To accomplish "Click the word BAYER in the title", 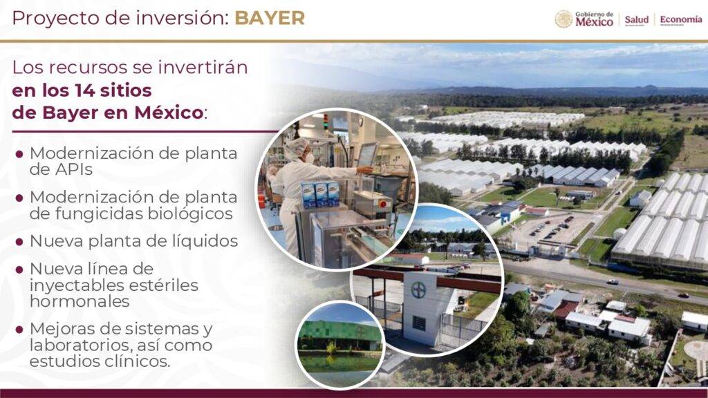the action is click(270, 18).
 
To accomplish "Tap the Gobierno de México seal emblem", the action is click(563, 19).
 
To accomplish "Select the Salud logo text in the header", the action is click(636, 20).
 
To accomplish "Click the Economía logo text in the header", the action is click(681, 19).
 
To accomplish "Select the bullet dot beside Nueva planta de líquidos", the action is click(19, 242).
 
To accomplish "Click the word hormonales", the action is click(80, 301).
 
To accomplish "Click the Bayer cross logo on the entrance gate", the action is click(418, 290).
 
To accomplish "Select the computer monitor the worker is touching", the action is click(367, 154).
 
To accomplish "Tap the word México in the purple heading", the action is click(169, 113).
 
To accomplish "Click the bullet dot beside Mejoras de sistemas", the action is click(19, 330).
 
